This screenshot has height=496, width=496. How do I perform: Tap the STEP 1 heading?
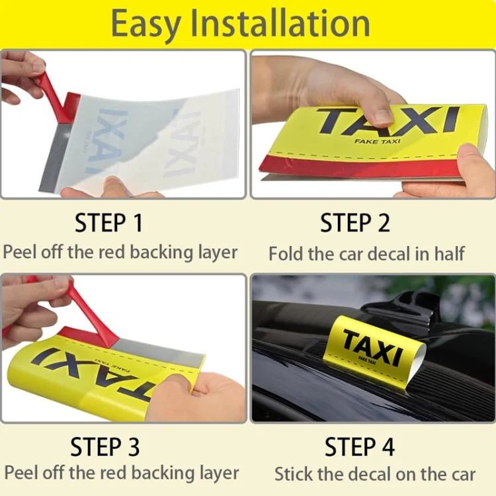(x=109, y=223)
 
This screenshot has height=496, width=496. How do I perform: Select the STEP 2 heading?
(x=355, y=223)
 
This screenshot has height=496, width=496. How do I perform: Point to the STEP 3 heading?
(x=105, y=446)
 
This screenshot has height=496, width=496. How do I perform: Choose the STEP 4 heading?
(x=360, y=446)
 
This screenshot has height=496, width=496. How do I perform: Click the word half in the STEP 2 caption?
(x=449, y=253)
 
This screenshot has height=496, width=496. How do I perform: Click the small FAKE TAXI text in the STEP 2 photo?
(x=377, y=141)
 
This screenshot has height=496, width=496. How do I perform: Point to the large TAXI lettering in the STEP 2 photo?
(x=388, y=120)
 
